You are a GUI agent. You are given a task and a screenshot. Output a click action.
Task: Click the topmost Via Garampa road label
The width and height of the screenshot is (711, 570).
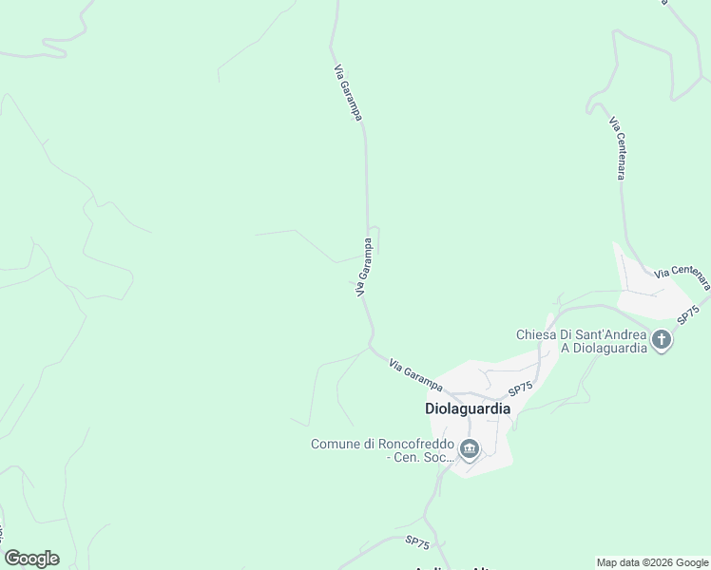(347, 92)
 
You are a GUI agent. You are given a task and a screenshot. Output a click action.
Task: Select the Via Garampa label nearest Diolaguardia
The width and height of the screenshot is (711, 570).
(415, 372)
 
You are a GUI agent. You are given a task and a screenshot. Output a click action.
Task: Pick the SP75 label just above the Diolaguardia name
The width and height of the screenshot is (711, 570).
(520, 388)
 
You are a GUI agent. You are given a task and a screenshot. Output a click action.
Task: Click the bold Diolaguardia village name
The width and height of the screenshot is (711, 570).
(467, 408)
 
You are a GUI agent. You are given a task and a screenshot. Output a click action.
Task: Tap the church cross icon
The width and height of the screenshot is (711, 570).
(661, 339)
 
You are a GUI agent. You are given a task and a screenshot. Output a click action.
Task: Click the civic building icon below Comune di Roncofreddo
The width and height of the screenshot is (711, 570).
(468, 448)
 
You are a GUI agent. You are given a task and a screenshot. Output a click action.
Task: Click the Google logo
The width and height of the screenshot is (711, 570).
(31, 559)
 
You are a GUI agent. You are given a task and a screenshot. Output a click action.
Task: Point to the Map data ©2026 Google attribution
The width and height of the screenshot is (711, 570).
(653, 562)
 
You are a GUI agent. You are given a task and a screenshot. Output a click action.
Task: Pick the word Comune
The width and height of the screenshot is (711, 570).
(336, 444)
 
